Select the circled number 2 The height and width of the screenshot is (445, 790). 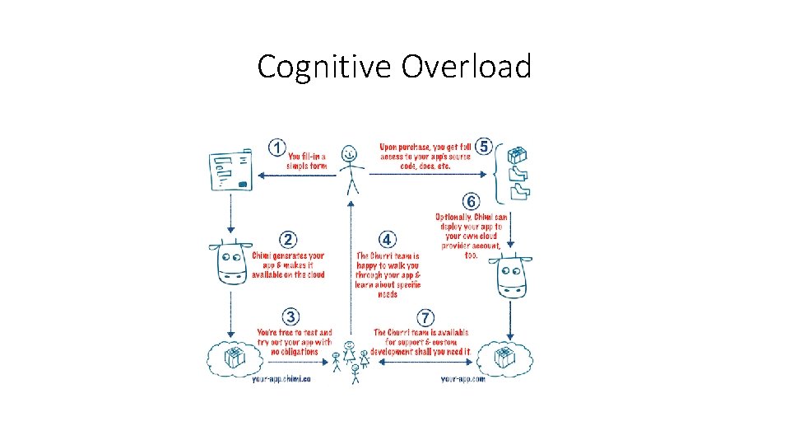pyautogui.click(x=288, y=240)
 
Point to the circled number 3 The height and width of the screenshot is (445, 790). pyautogui.click(x=290, y=316)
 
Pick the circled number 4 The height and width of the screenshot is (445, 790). pyautogui.click(x=388, y=240)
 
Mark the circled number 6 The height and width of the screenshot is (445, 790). pyautogui.click(x=471, y=202)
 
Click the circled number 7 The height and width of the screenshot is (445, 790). pyautogui.click(x=425, y=317)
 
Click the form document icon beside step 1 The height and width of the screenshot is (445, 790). pyautogui.click(x=230, y=171)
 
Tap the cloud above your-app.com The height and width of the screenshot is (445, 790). pyautogui.click(x=504, y=357)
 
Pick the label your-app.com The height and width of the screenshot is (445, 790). pyautogui.click(x=463, y=379)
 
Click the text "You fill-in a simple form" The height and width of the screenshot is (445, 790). pyautogui.click(x=306, y=161)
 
